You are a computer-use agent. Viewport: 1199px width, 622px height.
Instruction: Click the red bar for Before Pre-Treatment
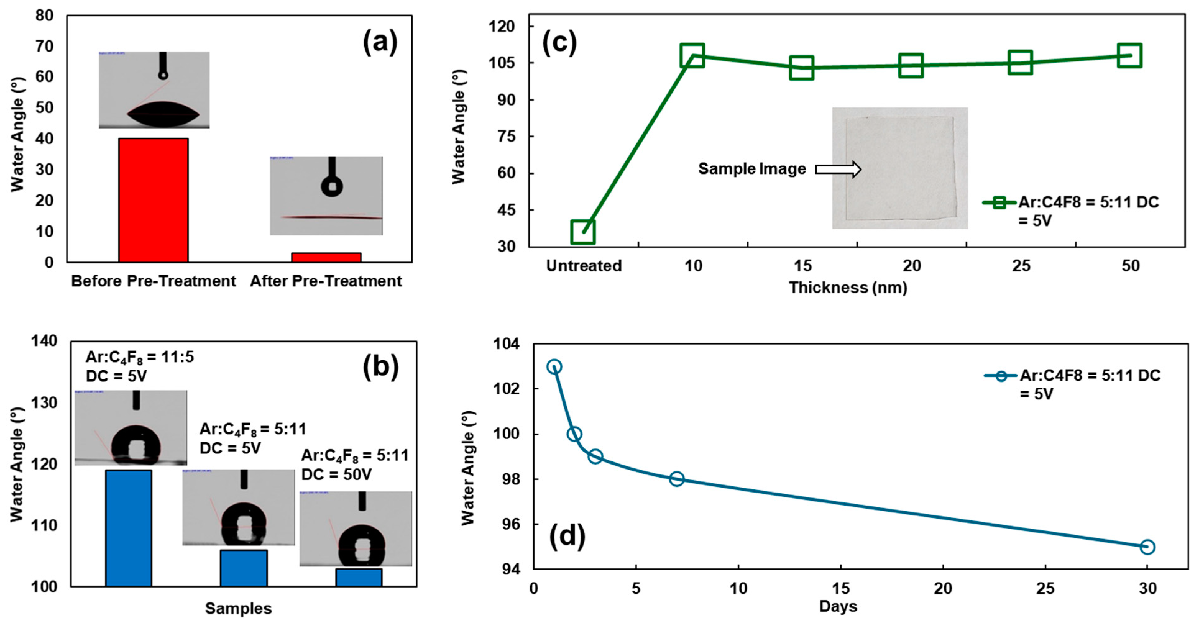click(x=153, y=200)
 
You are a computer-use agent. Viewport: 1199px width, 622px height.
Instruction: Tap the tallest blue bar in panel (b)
click(x=128, y=528)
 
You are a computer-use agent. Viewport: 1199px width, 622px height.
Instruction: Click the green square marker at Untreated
click(x=583, y=232)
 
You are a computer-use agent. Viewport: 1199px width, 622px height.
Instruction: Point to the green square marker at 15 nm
click(x=802, y=68)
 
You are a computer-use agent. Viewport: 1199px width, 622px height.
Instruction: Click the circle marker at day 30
click(x=1147, y=547)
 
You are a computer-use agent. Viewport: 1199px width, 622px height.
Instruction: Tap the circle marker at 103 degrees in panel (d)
click(x=554, y=367)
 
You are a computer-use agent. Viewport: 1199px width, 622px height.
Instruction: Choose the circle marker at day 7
click(x=677, y=479)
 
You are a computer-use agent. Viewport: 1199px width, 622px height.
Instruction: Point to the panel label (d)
click(x=567, y=536)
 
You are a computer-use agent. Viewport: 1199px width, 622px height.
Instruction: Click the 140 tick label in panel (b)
click(x=44, y=341)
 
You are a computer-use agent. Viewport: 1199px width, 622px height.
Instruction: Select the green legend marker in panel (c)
click(x=999, y=202)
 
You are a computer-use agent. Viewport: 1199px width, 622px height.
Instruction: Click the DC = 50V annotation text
click(x=337, y=474)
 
